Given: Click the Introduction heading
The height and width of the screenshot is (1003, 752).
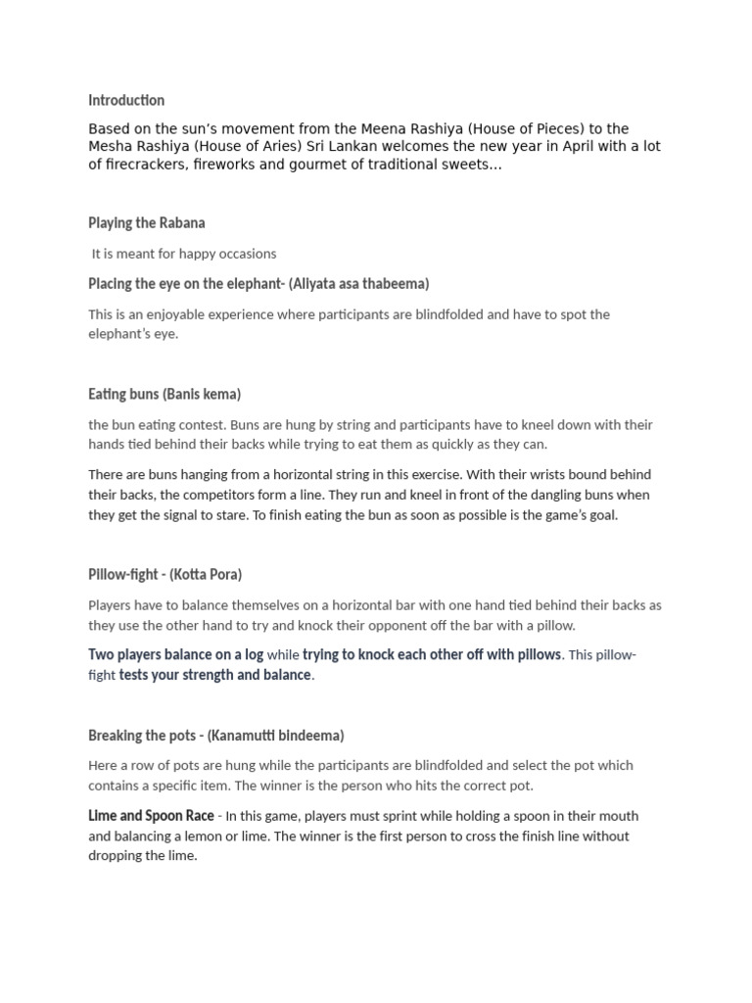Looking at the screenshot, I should click(126, 100).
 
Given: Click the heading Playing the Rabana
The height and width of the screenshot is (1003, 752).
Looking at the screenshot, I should click(147, 223).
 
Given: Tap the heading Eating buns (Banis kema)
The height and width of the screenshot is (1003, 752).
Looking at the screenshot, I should click(164, 394).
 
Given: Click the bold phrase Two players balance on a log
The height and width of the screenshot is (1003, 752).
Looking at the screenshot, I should click(176, 654).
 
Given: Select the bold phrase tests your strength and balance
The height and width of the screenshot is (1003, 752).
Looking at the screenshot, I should click(215, 675).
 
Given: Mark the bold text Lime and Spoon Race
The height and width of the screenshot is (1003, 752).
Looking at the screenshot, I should click(151, 816).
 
